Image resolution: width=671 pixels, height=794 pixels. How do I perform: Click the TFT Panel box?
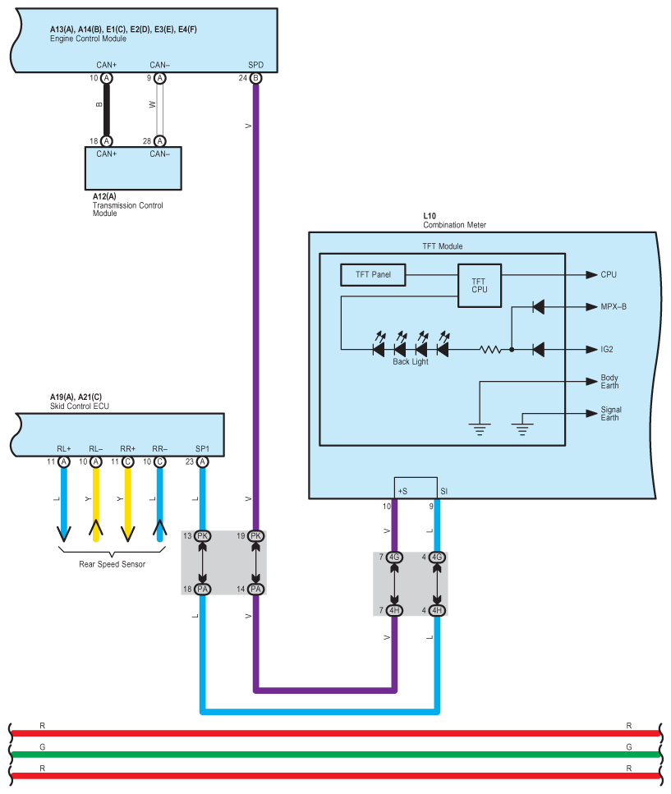(373, 275)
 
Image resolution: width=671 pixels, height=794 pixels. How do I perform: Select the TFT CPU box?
(480, 286)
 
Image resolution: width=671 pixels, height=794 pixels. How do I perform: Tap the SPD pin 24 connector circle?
(255, 78)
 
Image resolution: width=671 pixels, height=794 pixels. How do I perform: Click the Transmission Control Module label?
(127, 204)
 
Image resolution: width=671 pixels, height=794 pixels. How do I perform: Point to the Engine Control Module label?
(88, 39)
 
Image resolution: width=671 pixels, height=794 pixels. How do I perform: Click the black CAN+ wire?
(106, 109)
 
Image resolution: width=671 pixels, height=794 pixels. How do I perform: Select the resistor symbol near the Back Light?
(490, 350)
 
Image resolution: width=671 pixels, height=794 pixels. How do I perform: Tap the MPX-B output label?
(614, 306)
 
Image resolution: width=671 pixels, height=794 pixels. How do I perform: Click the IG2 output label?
(607, 350)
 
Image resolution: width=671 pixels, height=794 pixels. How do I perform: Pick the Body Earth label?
(609, 381)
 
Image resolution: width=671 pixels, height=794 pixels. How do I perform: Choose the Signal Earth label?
(611, 413)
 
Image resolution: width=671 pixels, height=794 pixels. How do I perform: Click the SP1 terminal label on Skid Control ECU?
(202, 448)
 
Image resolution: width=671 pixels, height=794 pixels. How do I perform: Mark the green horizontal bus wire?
(335, 755)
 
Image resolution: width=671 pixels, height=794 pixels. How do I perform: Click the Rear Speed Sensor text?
(112, 564)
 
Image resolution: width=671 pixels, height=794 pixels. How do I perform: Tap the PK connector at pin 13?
(202, 535)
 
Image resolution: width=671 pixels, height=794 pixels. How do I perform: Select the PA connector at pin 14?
(255, 589)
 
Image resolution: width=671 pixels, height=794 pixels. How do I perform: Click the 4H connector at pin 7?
(394, 610)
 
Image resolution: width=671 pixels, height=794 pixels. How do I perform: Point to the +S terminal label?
(402, 491)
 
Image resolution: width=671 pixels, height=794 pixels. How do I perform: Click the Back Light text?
(410, 361)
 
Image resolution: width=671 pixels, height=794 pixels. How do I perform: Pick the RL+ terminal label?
(64, 448)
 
